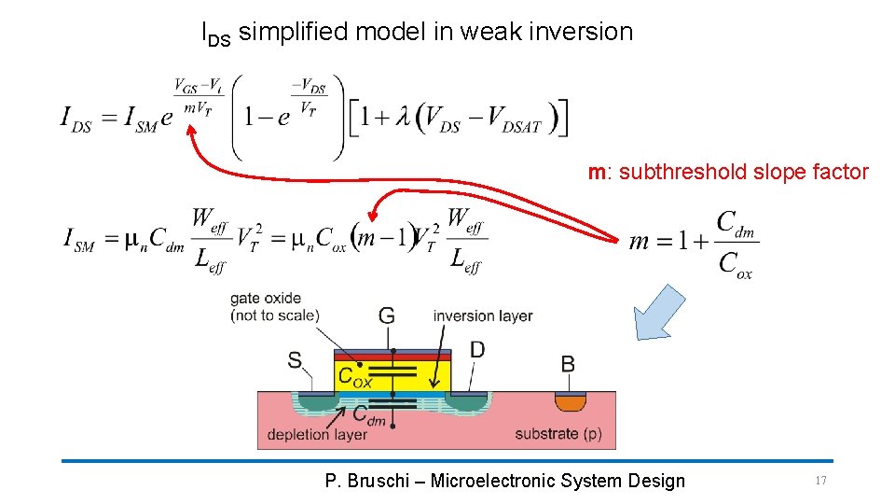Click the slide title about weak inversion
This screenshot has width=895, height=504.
point(417,33)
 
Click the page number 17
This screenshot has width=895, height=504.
point(820,481)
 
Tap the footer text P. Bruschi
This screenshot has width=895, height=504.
point(504,481)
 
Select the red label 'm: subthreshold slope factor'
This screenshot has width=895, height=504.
point(727,172)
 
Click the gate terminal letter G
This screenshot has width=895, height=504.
point(387,315)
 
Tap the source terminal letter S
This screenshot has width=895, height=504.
point(295,359)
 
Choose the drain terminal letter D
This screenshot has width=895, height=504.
point(477,350)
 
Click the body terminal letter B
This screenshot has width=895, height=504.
point(567,364)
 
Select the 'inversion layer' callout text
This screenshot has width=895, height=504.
point(482,315)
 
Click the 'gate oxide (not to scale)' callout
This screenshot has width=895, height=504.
point(275,307)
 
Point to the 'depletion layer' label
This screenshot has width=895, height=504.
point(317,434)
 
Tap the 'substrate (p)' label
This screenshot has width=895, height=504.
point(558,434)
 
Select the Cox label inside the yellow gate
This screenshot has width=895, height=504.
point(355,376)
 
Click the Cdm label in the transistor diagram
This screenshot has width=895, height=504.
point(369,417)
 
